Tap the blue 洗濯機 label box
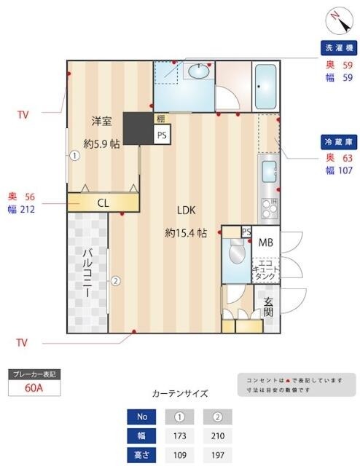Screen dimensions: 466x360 pos(339,48)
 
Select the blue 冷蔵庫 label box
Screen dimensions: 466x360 pos(339,141)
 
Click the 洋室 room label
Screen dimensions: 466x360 pos(101,120)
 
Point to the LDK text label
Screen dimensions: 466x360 pos(187,210)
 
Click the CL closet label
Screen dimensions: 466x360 pos(104,202)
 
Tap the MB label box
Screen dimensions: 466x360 pos(265,242)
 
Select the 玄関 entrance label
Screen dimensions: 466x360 pos(267,307)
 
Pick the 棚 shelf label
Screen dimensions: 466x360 pos(160,119)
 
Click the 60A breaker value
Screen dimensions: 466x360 pos(34,387)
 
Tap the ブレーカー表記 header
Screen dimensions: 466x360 pos(34,374)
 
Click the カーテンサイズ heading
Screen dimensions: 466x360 pos(179,394)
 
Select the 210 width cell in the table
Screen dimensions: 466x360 pos(218,436)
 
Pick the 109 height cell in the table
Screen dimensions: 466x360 pos(180,455)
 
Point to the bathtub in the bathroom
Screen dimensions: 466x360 pos(265,85)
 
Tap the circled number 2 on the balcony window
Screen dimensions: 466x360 pos(115,280)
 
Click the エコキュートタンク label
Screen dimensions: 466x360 pos(265,269)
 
